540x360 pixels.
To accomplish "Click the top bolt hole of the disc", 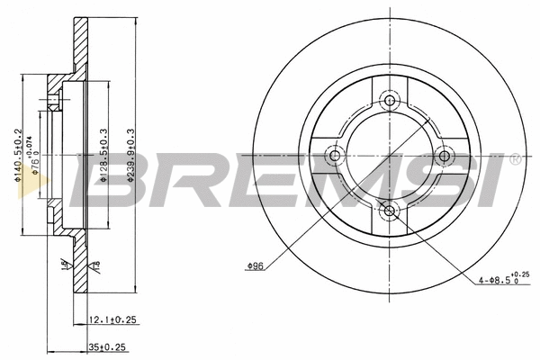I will click(389, 100).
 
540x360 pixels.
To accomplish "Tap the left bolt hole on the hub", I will click(336, 156).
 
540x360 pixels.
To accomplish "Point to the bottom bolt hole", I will click(389, 211).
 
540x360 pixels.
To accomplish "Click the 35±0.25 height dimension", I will click(107, 343).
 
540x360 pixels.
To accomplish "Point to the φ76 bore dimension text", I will click(37, 155).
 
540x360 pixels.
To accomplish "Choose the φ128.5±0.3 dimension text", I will click(104, 155).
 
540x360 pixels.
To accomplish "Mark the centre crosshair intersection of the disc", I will click(389, 156).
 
